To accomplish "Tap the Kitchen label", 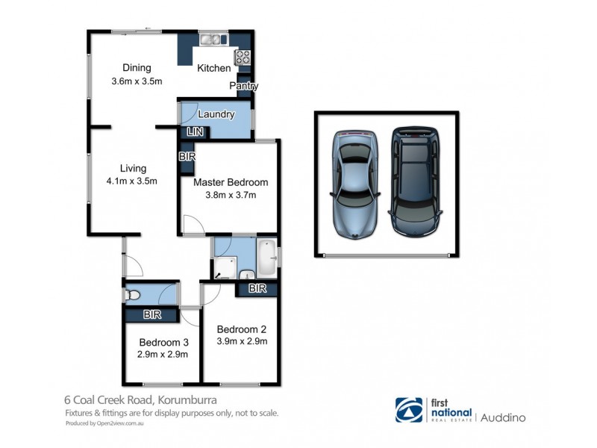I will pyautogui.click(x=214, y=68).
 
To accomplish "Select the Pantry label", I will pyautogui.click(x=243, y=86).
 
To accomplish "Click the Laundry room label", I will pyautogui.click(x=216, y=114).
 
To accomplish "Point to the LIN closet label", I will pyautogui.click(x=195, y=132).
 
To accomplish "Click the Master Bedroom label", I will pyautogui.click(x=230, y=182).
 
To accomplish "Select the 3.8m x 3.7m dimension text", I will pyautogui.click(x=230, y=196).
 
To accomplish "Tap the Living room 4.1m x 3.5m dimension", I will pyautogui.click(x=131, y=181).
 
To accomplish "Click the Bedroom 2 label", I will pyautogui.click(x=241, y=329).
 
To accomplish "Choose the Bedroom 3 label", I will pyautogui.click(x=163, y=343).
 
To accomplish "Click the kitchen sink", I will pyautogui.click(x=213, y=40).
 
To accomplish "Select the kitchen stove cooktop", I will pyautogui.click(x=243, y=57).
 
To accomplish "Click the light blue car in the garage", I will pyautogui.click(x=354, y=182).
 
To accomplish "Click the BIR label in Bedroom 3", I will pyautogui.click(x=152, y=315).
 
